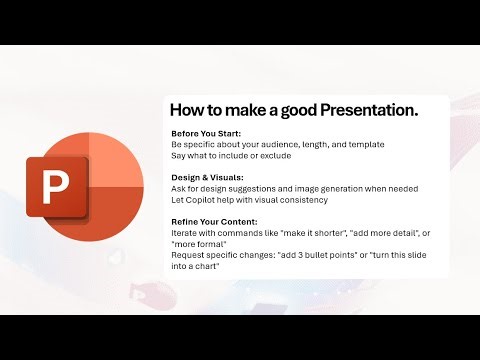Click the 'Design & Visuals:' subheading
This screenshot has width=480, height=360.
click(x=206, y=178)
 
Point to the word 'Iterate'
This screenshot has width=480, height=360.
click(x=186, y=233)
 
